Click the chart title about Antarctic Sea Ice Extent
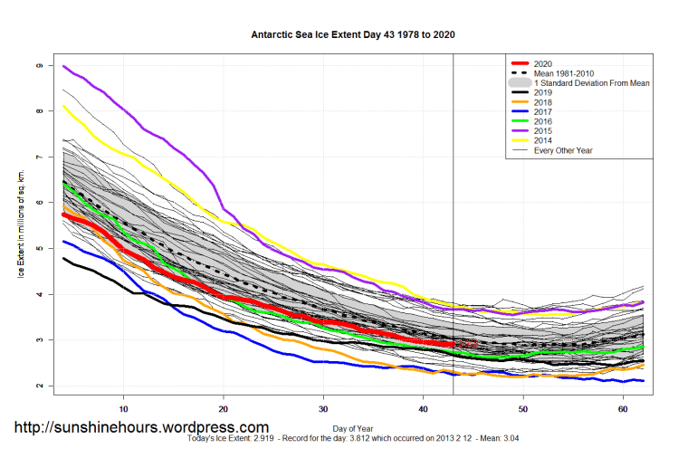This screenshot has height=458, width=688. [x=353, y=35]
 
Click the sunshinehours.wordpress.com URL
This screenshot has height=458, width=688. [x=139, y=427]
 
